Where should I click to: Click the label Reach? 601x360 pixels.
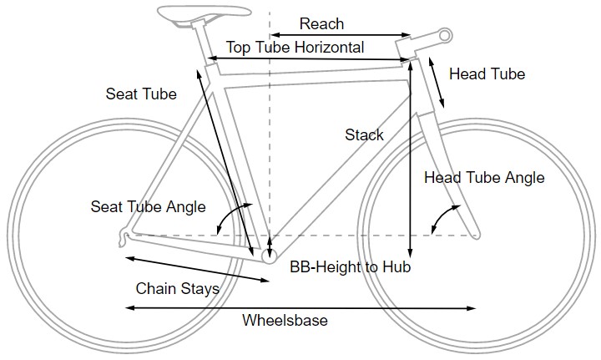click(321, 24)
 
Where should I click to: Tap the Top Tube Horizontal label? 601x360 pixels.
click(295, 48)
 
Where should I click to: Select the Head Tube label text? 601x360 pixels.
click(487, 74)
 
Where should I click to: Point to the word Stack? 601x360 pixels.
click(364, 134)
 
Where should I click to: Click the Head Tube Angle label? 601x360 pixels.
click(484, 178)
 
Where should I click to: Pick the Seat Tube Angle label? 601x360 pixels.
click(148, 206)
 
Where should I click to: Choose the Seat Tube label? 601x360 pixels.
click(141, 94)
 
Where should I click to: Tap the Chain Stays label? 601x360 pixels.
click(177, 289)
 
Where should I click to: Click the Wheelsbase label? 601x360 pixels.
click(285, 321)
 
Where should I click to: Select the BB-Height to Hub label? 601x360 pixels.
click(351, 268)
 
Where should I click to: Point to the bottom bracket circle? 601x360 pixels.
click(269, 257)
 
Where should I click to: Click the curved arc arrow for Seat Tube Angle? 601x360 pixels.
click(224, 219)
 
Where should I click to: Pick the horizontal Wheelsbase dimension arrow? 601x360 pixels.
click(300, 309)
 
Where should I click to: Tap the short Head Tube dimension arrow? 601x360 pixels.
click(435, 84)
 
